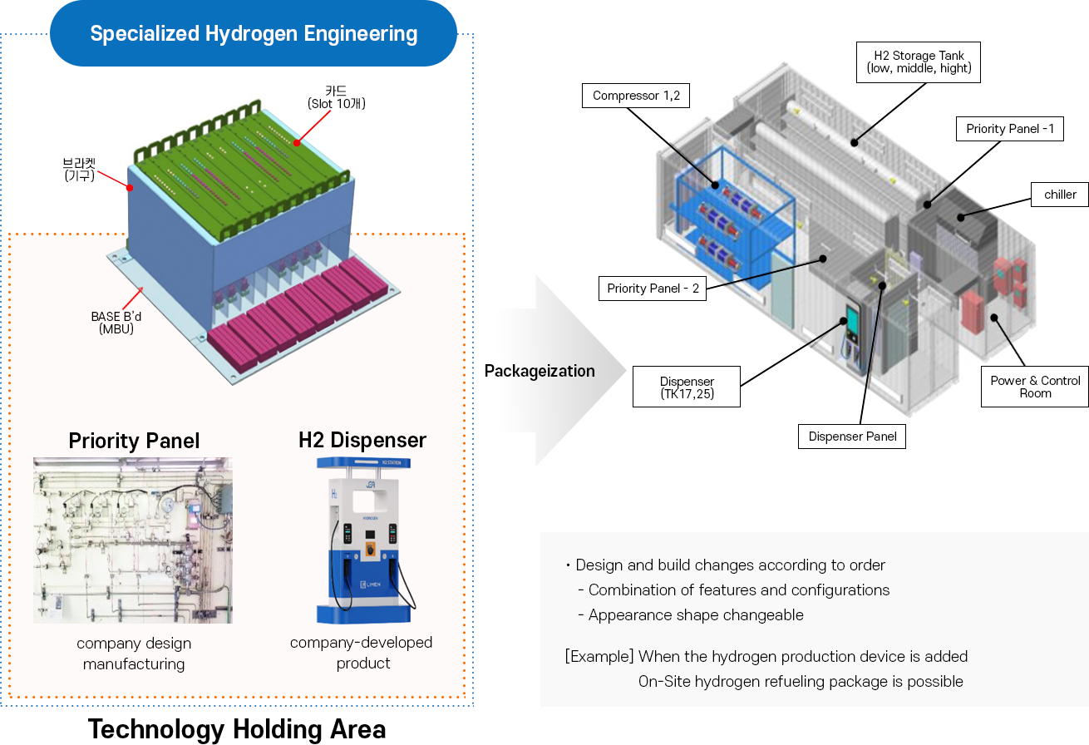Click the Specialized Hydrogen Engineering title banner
(x=254, y=34)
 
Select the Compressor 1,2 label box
(x=636, y=96)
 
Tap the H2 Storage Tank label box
(x=919, y=62)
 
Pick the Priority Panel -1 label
(x=1010, y=129)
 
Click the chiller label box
(x=1060, y=195)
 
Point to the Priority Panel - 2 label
(x=653, y=289)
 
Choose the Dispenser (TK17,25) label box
(x=687, y=387)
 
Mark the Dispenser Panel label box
(x=852, y=437)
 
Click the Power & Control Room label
(x=1035, y=387)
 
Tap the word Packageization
(x=540, y=371)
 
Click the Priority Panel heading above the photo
(x=134, y=441)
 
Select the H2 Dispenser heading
(x=362, y=440)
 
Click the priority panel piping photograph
(x=133, y=540)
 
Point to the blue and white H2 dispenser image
(x=363, y=540)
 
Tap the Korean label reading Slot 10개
(x=336, y=104)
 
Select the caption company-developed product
(x=362, y=653)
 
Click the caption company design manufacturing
(x=134, y=654)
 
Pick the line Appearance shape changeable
(x=695, y=615)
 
